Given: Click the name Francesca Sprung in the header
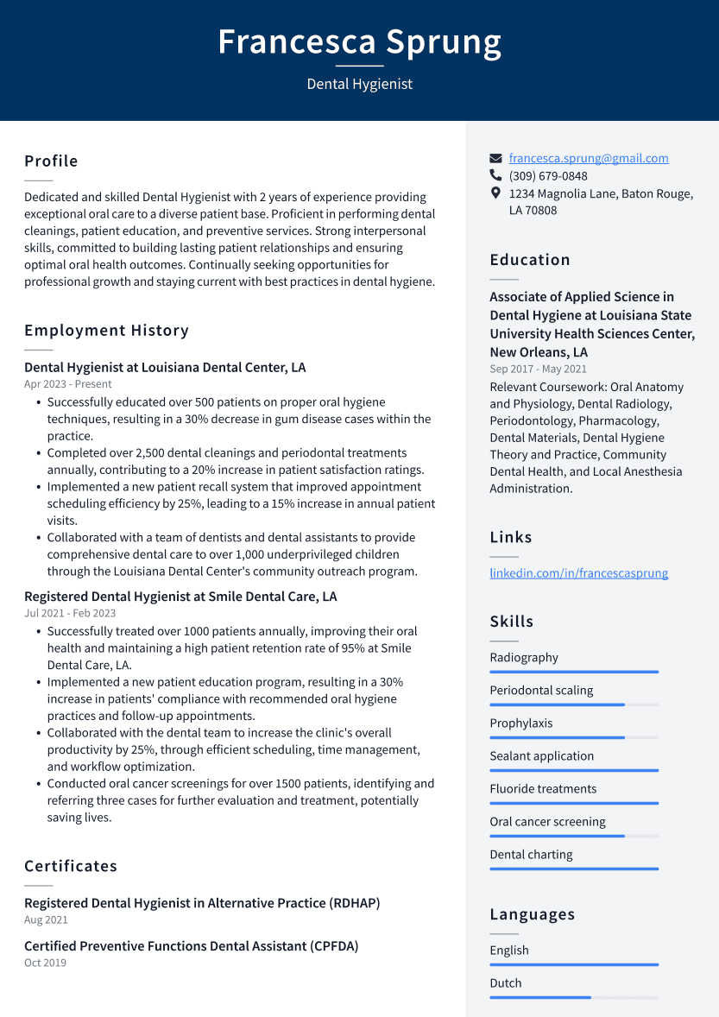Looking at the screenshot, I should (x=359, y=41).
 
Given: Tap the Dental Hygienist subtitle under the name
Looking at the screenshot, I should (x=359, y=84).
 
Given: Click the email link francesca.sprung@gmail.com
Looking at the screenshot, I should (x=588, y=158).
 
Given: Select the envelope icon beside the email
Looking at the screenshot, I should (x=495, y=159).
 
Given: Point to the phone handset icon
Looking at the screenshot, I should (x=495, y=175).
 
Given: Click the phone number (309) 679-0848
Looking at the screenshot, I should (x=548, y=176).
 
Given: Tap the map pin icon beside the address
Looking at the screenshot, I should (x=495, y=193).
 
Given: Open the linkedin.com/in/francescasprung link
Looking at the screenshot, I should (x=578, y=573).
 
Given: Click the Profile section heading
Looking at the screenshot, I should (x=51, y=161).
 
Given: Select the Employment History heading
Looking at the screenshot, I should (x=106, y=331).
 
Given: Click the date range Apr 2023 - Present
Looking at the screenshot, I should (x=68, y=384).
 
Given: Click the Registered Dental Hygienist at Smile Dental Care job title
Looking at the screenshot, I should (x=180, y=597).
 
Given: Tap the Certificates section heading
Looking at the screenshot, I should (x=71, y=866).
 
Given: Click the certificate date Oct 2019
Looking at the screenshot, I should (x=45, y=963).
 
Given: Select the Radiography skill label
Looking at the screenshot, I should (x=524, y=658).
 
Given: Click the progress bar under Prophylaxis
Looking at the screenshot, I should (x=573, y=737).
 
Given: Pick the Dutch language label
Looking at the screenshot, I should (x=506, y=983).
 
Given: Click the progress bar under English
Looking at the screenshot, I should (x=573, y=964).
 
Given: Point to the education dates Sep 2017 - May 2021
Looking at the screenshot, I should (x=538, y=369).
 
